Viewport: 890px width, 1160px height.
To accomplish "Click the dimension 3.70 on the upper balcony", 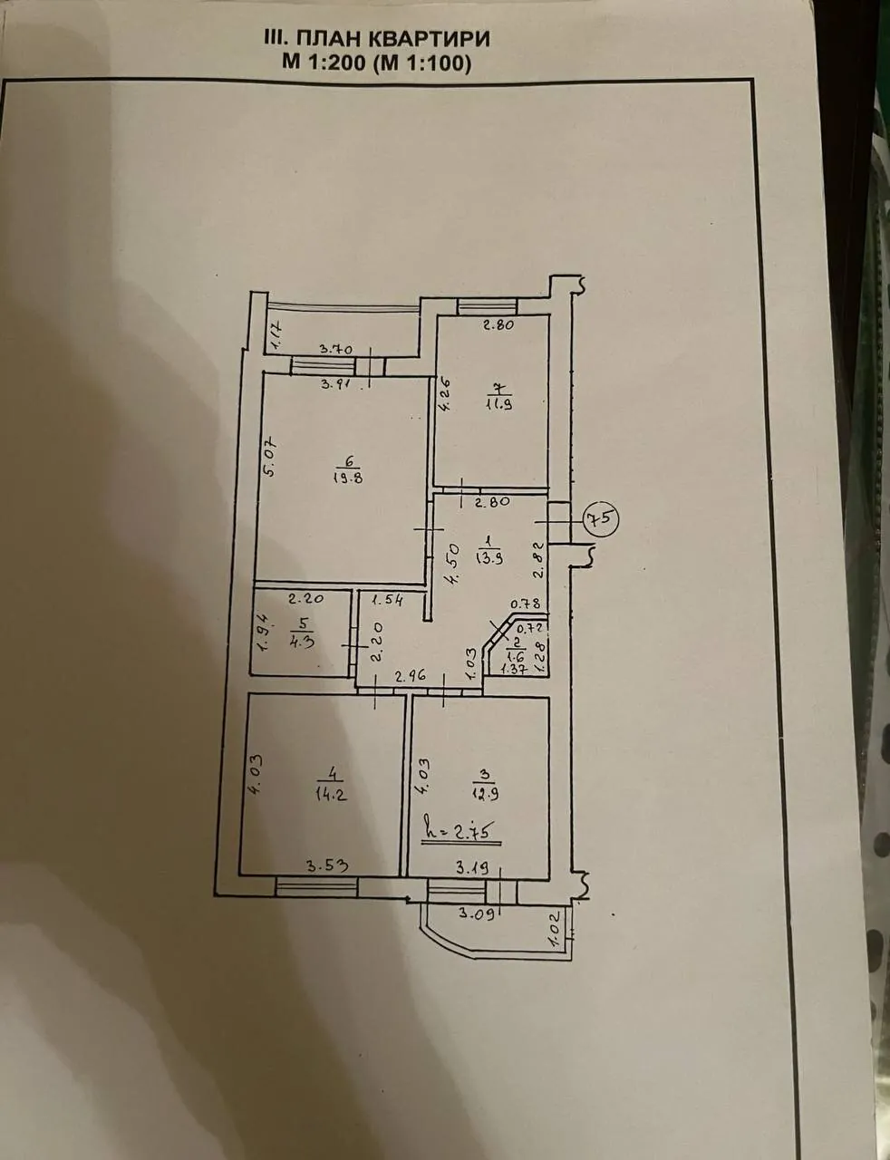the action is point(336,350).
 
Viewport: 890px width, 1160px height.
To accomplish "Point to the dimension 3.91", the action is point(337,384).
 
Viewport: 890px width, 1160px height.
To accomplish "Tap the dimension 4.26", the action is point(444,394).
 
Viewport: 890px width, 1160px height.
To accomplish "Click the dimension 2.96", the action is point(410,676).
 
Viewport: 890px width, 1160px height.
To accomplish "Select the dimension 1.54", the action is point(387,600).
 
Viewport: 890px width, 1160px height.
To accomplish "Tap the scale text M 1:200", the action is point(324,63).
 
